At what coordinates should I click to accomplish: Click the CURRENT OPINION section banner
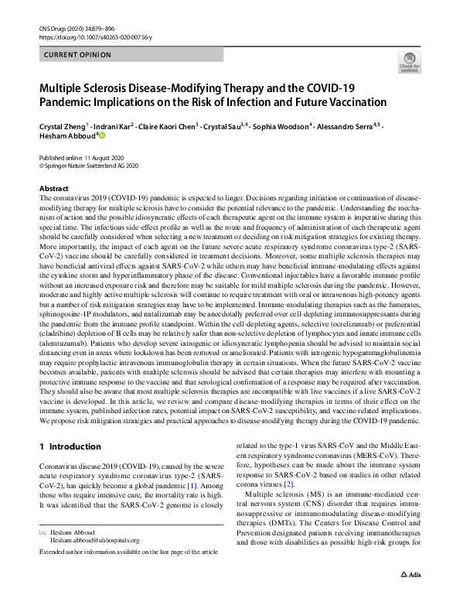click(x=78, y=55)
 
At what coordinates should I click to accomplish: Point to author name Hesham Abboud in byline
click(x=66, y=137)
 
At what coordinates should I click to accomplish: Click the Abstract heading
click(x=53, y=189)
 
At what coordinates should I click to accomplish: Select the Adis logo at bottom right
click(x=410, y=597)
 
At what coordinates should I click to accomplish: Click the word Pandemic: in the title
click(x=66, y=102)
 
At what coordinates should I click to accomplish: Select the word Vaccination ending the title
click(x=358, y=102)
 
